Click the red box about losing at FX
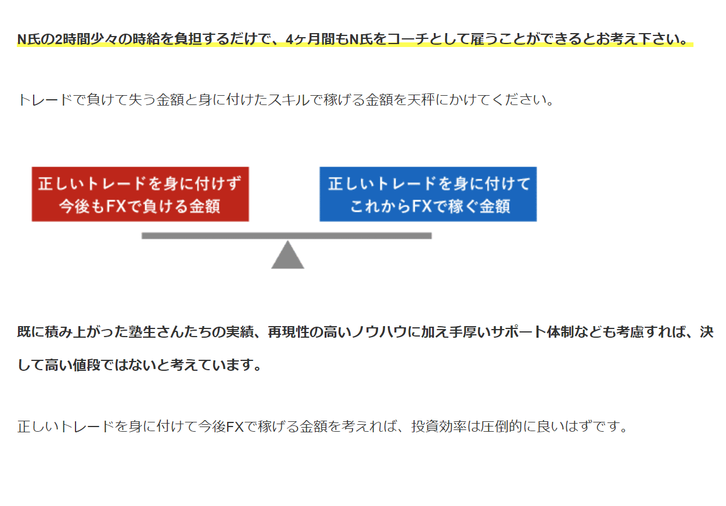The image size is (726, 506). click(141, 194)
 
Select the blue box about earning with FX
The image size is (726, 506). click(428, 194)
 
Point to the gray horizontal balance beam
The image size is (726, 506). click(286, 236)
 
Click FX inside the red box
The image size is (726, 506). click(116, 206)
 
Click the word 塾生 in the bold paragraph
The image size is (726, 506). click(142, 332)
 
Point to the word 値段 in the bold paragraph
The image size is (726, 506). click(87, 365)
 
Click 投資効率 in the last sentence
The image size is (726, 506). click(439, 427)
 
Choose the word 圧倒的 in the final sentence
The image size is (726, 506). click(501, 427)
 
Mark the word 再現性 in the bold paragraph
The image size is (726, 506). click(289, 332)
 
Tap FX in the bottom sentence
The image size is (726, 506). click(235, 427)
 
